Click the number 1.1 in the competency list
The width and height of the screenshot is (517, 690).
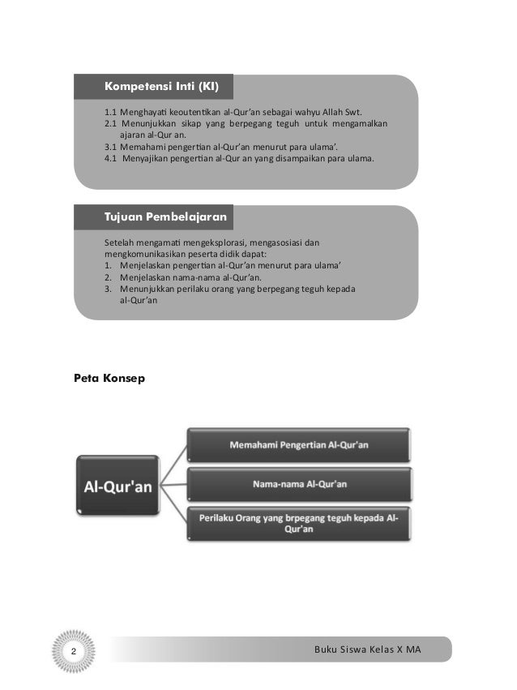(111, 112)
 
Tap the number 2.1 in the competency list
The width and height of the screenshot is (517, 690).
(111, 124)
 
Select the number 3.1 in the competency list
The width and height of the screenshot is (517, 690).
(111, 147)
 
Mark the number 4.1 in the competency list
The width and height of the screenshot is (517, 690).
(111, 158)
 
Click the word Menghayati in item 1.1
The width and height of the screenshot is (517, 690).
(143, 112)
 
